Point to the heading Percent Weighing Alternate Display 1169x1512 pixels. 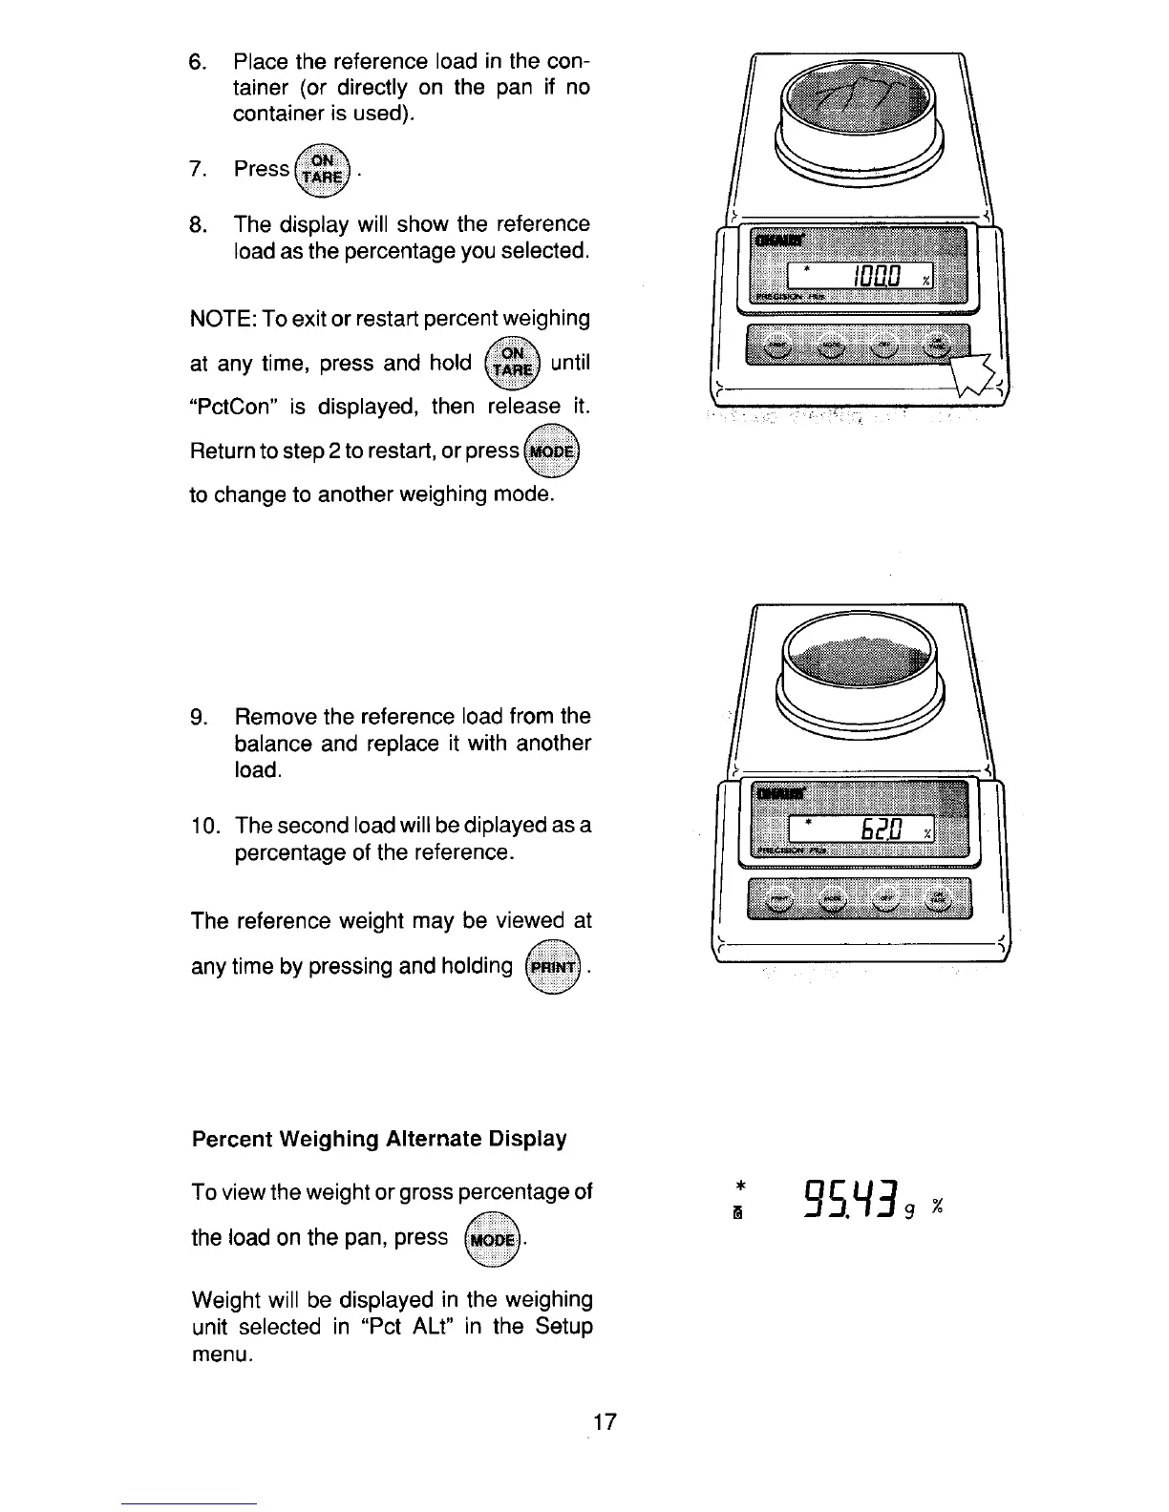tap(379, 1139)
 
